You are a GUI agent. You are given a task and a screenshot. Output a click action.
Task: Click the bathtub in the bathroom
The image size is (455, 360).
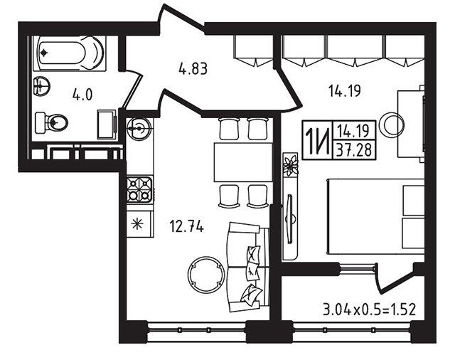pyautogui.click(x=70, y=53)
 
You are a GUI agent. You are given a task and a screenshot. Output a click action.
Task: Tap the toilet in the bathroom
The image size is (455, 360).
pyautogui.click(x=51, y=123)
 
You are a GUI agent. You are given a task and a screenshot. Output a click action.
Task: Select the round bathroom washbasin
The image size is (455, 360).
pyautogui.click(x=41, y=85)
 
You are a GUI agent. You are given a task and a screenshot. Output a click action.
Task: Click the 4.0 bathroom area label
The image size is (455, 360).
pyautogui.click(x=82, y=95)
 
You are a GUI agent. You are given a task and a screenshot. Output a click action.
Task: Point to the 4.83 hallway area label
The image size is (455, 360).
pyautogui.click(x=193, y=70)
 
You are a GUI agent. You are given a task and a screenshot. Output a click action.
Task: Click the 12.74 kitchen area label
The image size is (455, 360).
pyautogui.click(x=187, y=226)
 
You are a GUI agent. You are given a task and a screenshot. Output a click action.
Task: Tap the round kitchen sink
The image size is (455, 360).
pyautogui.click(x=139, y=127)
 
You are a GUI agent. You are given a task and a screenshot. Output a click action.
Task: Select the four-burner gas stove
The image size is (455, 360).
pyautogui.click(x=139, y=189)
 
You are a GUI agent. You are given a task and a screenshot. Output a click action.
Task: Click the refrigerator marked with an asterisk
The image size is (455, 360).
pyautogui.click(x=139, y=224)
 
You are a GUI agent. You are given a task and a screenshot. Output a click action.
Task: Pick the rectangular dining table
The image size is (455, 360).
pyautogui.click(x=243, y=162)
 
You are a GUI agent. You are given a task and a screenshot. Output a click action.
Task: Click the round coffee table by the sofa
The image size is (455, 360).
pyautogui.click(x=206, y=275)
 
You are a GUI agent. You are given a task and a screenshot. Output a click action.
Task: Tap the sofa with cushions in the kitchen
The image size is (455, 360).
pyautogui.click(x=248, y=267)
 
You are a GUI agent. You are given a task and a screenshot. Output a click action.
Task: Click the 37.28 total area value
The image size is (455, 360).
pyautogui.click(x=354, y=151)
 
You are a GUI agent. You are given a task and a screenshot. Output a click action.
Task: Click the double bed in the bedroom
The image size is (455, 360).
pyautogui.click(x=375, y=217)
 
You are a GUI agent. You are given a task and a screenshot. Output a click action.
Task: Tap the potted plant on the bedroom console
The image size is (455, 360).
pyautogui.click(x=291, y=165)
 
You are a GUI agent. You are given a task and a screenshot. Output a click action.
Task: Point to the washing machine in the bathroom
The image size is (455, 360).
pyautogui.click(x=107, y=124)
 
